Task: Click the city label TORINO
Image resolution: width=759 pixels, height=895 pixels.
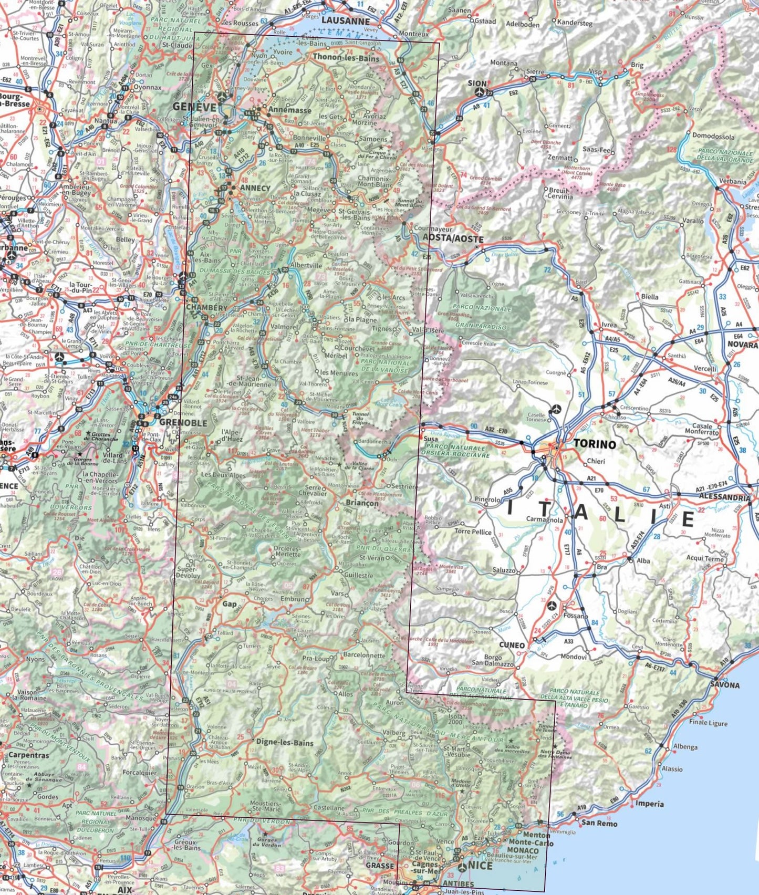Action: click(x=595, y=444)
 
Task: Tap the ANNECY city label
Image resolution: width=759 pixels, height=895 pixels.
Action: click(x=255, y=188)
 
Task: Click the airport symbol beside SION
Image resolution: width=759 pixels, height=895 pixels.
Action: click(x=479, y=91)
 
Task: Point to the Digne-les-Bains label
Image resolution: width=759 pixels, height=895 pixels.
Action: click(x=285, y=743)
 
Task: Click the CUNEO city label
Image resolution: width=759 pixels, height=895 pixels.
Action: click(x=512, y=645)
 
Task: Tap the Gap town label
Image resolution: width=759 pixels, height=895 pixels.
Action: click(x=230, y=604)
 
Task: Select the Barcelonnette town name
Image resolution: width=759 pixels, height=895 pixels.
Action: click(x=364, y=655)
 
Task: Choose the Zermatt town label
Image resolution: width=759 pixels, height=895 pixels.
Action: click(x=560, y=158)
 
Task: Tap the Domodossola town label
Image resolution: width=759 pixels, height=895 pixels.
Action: click(x=713, y=137)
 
